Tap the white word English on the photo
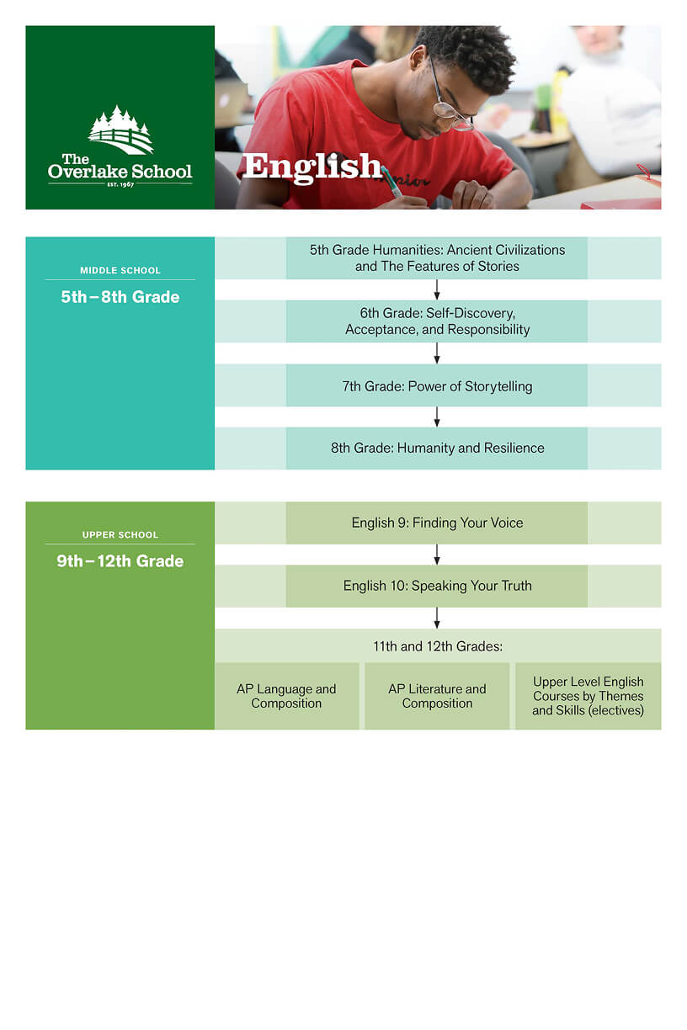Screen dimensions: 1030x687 [x=312, y=166]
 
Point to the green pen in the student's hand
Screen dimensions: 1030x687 [x=391, y=181]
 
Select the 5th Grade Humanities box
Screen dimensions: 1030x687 [x=437, y=257]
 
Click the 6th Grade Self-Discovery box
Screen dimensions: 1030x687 [x=437, y=321]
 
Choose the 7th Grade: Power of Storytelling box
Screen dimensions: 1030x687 [x=437, y=386]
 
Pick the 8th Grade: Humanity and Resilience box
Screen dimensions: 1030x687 [x=437, y=448]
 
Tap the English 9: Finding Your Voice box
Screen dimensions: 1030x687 [x=437, y=523]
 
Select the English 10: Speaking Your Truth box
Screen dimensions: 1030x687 [x=437, y=586]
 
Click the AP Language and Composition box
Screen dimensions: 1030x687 [x=286, y=696]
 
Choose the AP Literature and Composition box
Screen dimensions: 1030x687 [x=437, y=696]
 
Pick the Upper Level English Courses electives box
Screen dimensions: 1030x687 [x=588, y=696]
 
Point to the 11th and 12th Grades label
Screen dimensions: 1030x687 [x=437, y=646]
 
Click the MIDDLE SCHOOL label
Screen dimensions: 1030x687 [x=120, y=270]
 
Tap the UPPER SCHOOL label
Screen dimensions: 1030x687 [x=120, y=534]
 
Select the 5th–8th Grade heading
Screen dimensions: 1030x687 [x=120, y=297]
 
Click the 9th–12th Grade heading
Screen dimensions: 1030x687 [x=120, y=561]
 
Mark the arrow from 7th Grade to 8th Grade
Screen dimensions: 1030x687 [x=437, y=417]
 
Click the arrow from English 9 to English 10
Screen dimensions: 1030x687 [x=437, y=555]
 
